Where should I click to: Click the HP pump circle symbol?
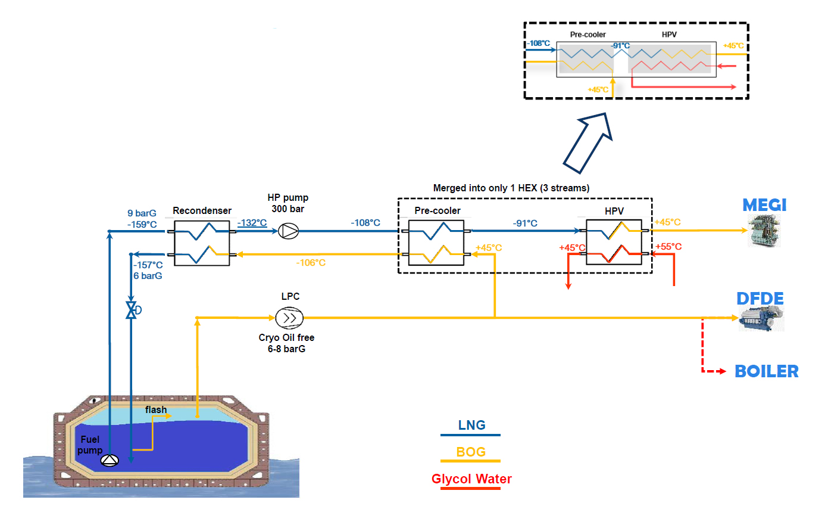click(x=289, y=231)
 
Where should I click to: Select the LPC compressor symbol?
click(x=289, y=318)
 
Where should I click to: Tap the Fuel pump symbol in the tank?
click(x=110, y=460)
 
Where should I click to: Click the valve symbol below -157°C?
click(x=131, y=310)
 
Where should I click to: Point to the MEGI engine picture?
click(x=765, y=232)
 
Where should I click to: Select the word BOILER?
click(x=766, y=371)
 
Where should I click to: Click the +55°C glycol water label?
click(x=668, y=247)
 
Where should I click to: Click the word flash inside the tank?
click(x=156, y=410)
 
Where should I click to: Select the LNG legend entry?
click(x=471, y=426)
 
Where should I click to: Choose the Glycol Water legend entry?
click(x=471, y=479)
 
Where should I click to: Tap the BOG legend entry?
click(x=471, y=452)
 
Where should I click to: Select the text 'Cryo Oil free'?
click(x=286, y=337)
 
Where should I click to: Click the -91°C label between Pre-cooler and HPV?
click(x=525, y=224)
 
